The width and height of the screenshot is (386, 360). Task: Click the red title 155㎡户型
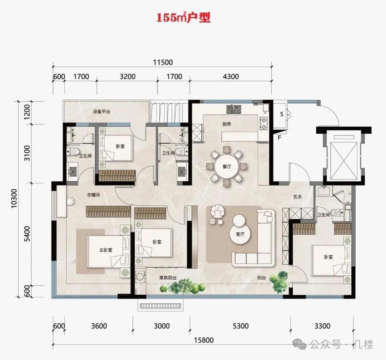(183, 18)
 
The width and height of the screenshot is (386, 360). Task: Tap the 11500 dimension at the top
(163, 62)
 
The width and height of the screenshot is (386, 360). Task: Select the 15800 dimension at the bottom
(204, 340)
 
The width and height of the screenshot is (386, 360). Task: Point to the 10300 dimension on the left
(14, 198)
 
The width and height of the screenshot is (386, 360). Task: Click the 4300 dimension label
(231, 77)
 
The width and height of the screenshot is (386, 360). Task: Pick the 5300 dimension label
(241, 326)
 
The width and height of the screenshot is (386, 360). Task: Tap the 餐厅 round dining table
(227, 167)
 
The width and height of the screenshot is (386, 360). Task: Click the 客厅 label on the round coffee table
(240, 234)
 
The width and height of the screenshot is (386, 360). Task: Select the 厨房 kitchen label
(227, 124)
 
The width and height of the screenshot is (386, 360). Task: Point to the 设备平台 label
(102, 112)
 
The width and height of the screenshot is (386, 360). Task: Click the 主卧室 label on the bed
(105, 250)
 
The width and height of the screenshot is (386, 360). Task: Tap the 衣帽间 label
(94, 195)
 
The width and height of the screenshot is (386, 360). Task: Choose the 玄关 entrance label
(297, 197)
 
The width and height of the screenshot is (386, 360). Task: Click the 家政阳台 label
(168, 278)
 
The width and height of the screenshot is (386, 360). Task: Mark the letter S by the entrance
(282, 114)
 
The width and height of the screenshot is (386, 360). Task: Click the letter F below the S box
(279, 137)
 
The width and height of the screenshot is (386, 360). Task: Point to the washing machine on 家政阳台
(140, 277)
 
